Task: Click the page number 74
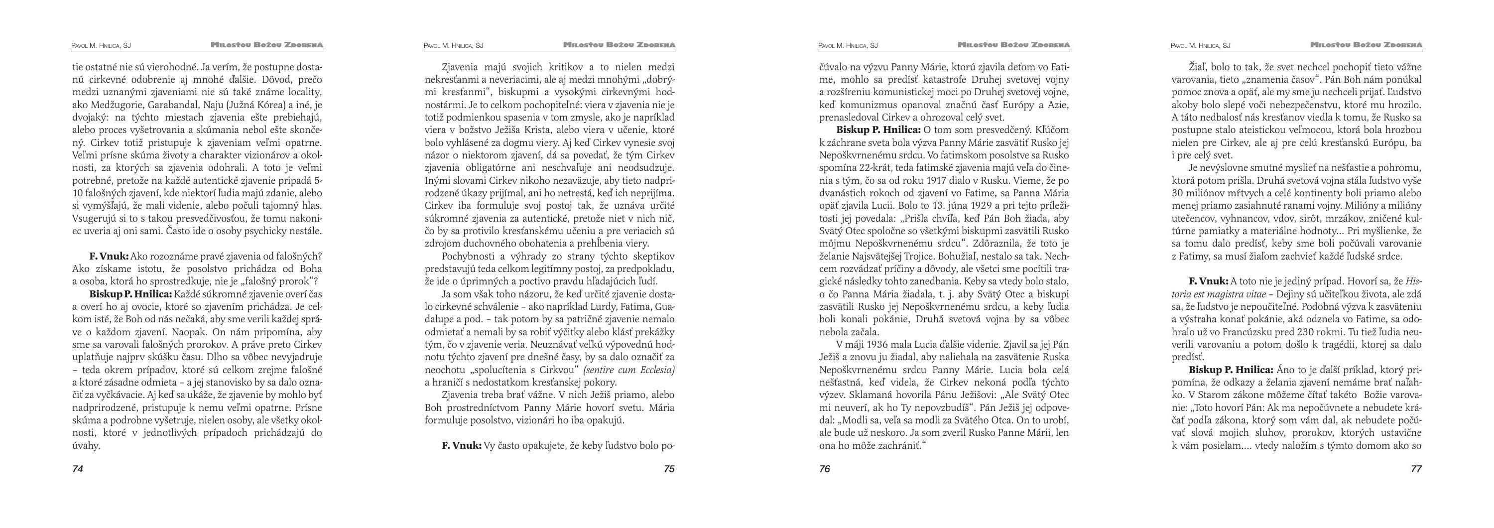pos(78,469)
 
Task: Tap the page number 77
pos(1416,469)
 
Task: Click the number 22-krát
pos(876,168)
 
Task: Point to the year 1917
pos(933,180)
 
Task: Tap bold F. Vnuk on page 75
pos(461,446)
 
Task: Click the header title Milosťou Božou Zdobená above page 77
pos(1366,45)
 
